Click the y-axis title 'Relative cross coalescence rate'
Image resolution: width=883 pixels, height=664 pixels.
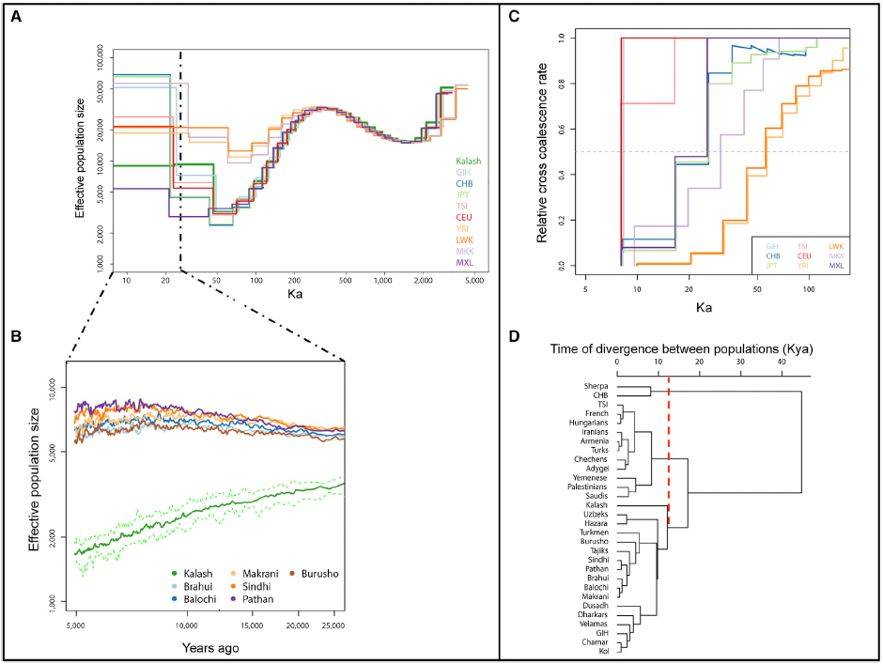pyautogui.click(x=543, y=150)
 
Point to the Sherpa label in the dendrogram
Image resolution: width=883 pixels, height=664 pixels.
pyautogui.click(x=596, y=386)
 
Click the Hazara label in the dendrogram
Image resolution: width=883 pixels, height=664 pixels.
pyautogui.click(x=596, y=522)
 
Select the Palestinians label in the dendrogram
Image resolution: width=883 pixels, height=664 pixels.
pyautogui.click(x=586, y=486)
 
